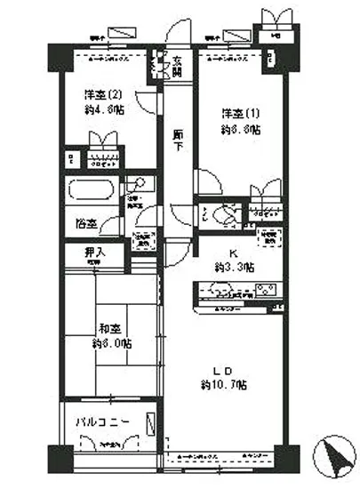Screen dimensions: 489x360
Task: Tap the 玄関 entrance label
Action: click(178, 66)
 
